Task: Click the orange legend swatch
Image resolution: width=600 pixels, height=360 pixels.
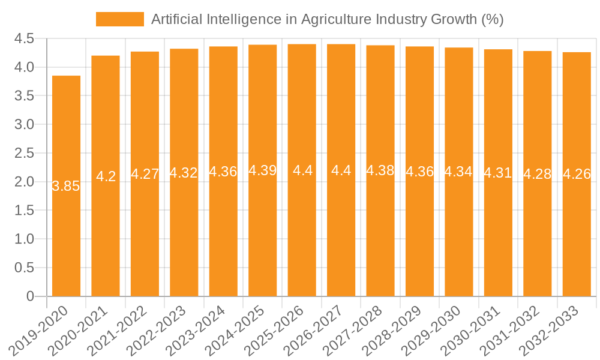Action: click(x=120, y=19)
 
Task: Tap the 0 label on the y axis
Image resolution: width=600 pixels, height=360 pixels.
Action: click(x=30, y=296)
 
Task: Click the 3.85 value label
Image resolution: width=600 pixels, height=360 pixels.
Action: click(x=66, y=186)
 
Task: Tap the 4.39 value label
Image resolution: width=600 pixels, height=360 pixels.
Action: click(x=262, y=170)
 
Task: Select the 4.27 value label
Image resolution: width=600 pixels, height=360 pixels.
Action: click(x=145, y=174)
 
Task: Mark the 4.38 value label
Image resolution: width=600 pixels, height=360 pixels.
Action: click(x=380, y=170)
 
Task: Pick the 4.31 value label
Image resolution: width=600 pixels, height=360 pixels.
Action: click(x=498, y=173)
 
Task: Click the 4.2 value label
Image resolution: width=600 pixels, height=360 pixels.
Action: click(x=106, y=176)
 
